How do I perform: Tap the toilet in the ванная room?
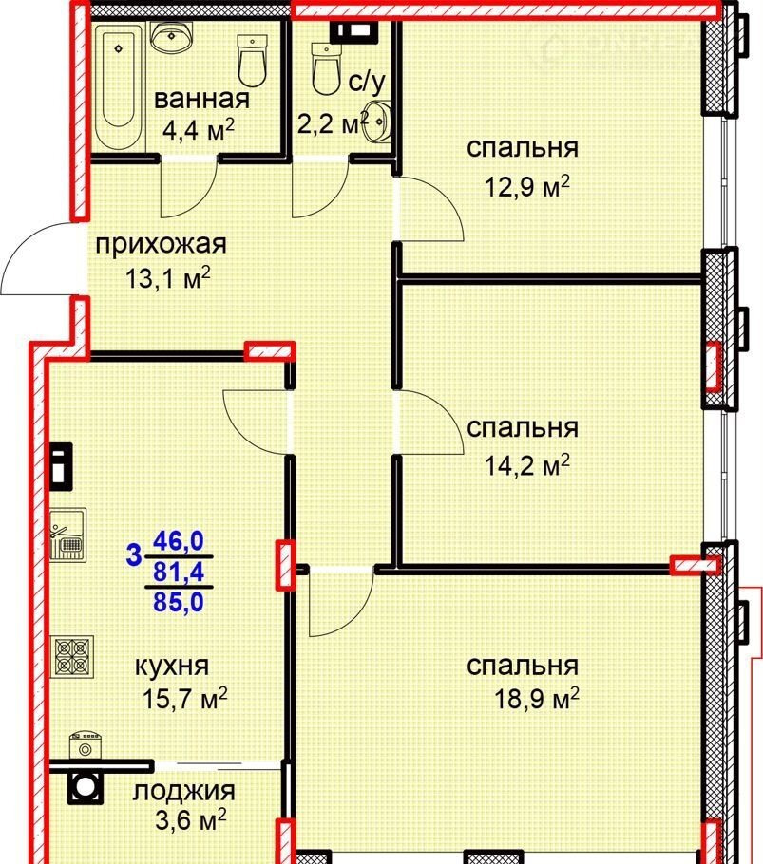tap(253, 60)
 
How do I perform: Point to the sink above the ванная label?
tap(172, 37)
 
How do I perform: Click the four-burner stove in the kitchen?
tap(72, 657)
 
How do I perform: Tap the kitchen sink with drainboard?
tap(68, 535)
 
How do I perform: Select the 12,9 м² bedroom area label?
tap(526, 187)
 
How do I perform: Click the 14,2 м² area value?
tap(526, 466)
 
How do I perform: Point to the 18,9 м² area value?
tap(537, 700)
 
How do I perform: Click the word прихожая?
tap(161, 245)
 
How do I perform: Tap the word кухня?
tap(172, 667)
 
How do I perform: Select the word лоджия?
tap(184, 792)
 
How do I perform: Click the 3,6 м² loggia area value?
tap(191, 820)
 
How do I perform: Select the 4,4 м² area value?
tap(199, 131)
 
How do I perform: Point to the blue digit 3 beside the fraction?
tap(133, 554)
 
